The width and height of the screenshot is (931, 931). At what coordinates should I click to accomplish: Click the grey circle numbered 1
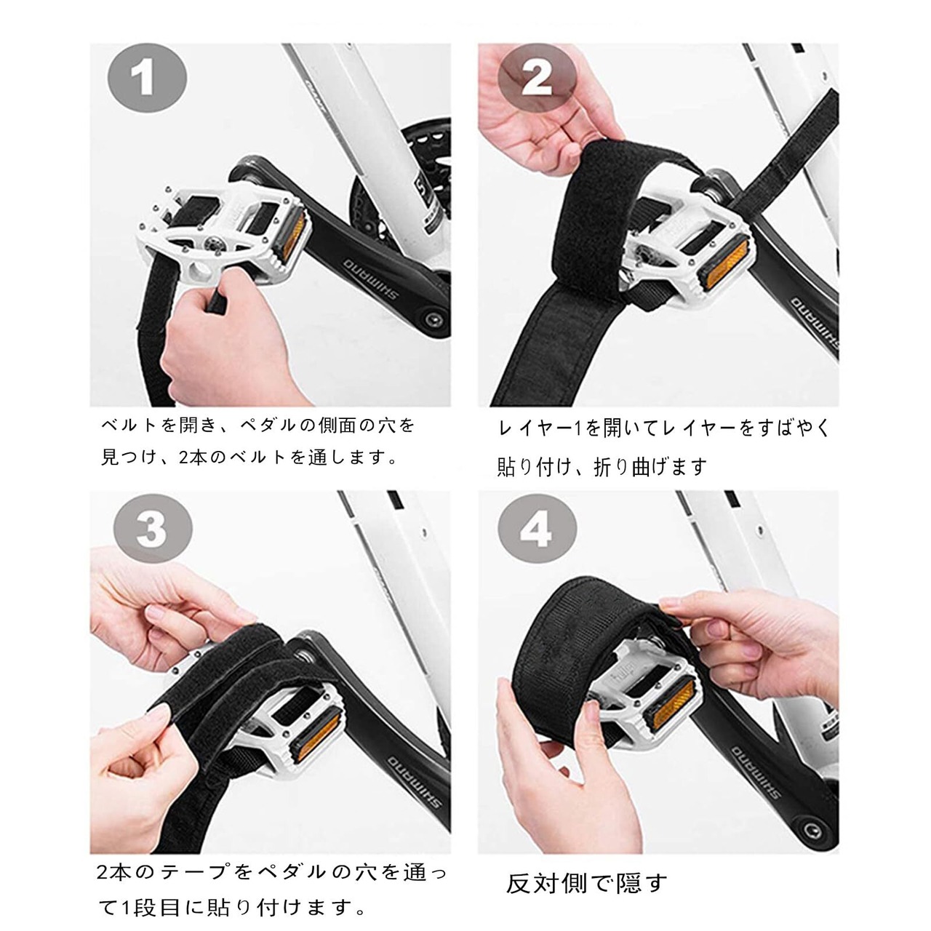(x=147, y=79)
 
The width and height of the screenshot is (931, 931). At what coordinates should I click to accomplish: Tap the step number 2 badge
(x=537, y=79)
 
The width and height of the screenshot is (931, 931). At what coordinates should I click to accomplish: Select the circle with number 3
(x=152, y=529)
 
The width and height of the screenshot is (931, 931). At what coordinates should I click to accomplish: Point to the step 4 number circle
(x=538, y=529)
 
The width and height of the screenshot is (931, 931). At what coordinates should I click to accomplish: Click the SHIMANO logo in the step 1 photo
(x=370, y=279)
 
